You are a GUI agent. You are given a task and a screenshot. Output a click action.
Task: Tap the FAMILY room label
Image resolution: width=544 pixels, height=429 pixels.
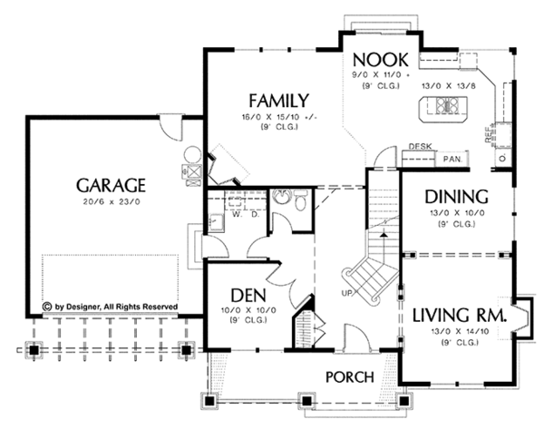pyautogui.click(x=278, y=101)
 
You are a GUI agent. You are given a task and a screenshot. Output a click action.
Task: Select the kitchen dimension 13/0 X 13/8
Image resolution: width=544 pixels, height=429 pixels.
pyautogui.click(x=446, y=85)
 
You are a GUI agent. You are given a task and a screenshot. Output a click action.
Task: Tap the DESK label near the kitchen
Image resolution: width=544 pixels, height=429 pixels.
pyautogui.click(x=419, y=146)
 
